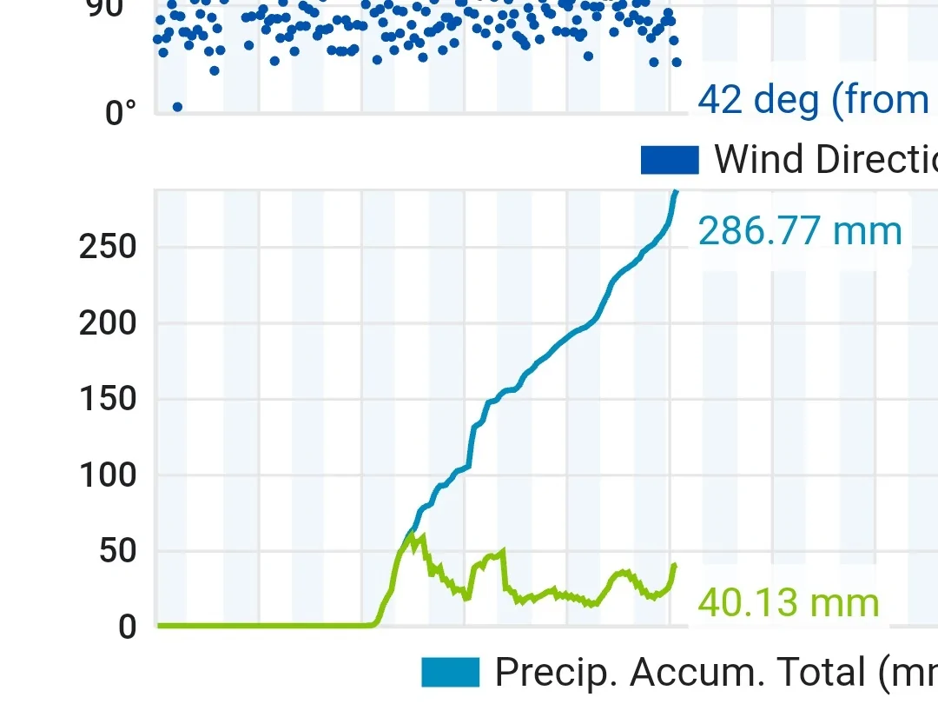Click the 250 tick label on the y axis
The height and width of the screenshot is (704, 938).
(x=108, y=248)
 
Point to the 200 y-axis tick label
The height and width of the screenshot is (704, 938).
(x=108, y=324)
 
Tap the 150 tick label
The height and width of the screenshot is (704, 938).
(x=108, y=400)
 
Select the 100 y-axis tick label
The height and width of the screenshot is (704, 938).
(x=108, y=476)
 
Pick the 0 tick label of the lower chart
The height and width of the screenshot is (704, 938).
(x=127, y=628)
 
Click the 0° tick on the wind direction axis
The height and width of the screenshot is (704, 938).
(x=121, y=113)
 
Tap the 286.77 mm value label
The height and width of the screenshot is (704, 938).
(x=800, y=232)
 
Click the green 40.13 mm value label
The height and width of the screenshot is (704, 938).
(x=788, y=603)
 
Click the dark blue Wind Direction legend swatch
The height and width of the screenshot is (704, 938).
(x=670, y=160)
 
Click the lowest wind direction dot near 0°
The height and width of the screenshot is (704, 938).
(x=177, y=107)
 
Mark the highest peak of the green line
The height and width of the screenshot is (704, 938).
(x=423, y=535)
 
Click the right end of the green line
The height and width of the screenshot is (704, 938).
(x=674, y=565)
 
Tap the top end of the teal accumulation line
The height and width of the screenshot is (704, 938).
(x=676, y=192)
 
